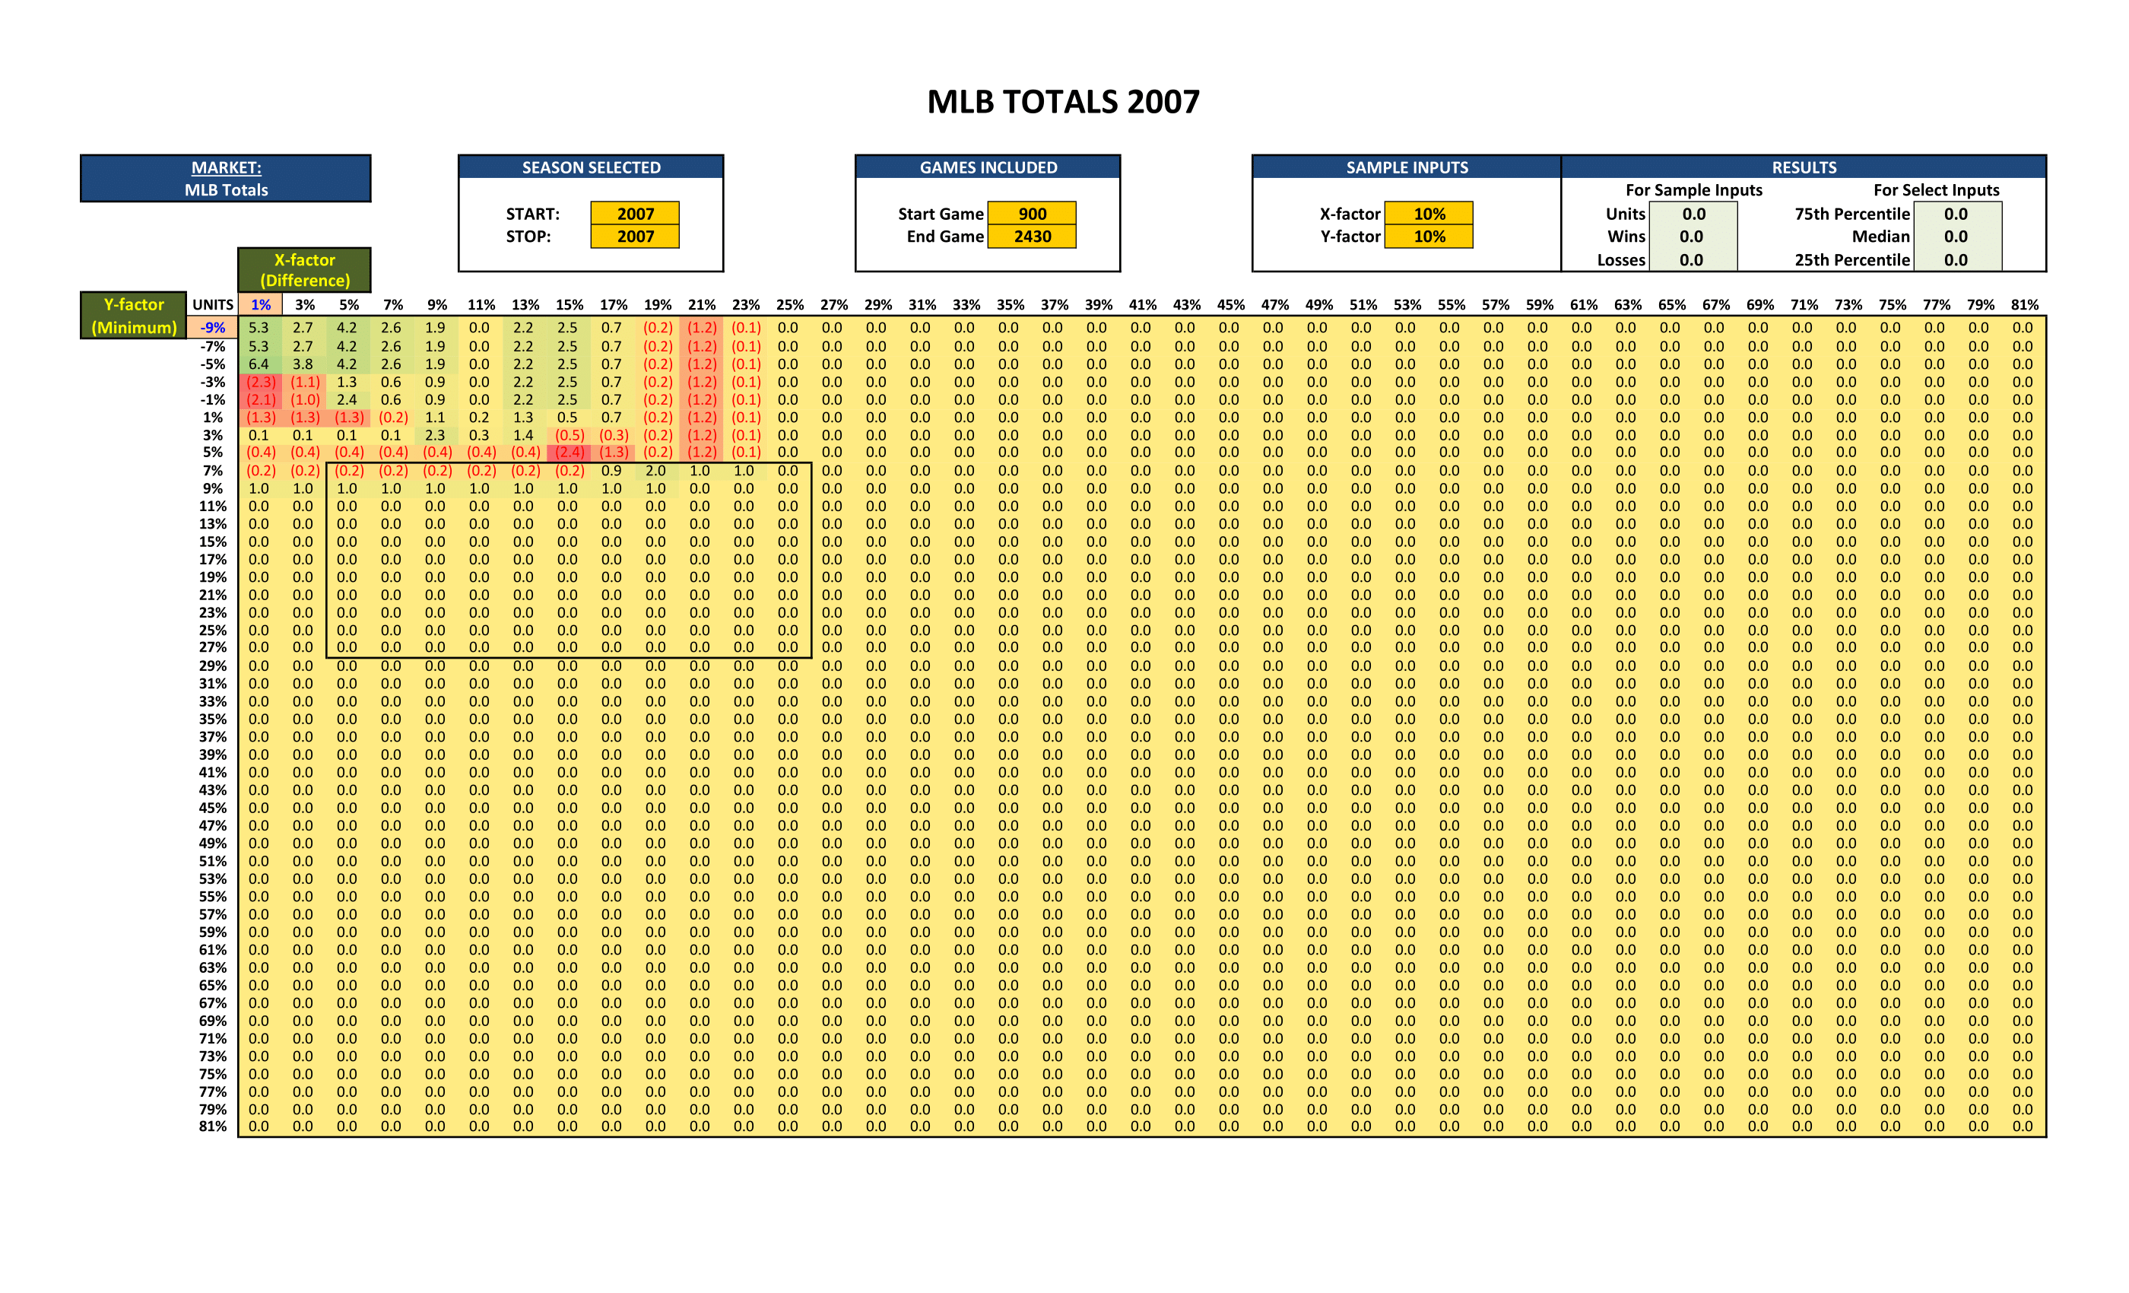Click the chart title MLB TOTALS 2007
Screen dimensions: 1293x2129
[1063, 102]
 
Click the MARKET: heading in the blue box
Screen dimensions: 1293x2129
[226, 167]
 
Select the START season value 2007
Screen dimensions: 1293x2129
[635, 214]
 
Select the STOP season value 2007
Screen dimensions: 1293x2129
[635, 236]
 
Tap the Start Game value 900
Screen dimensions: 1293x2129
[1032, 214]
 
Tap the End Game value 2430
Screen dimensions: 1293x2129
[1032, 236]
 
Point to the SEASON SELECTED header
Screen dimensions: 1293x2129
[591, 167]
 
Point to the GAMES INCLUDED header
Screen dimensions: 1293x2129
[988, 167]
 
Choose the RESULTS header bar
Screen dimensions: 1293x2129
[1804, 167]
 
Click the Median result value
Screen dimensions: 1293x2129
[1956, 236]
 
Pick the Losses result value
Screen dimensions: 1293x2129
[1691, 259]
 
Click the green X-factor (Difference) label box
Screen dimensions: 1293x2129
[304, 270]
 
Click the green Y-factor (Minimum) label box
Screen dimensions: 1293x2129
[134, 316]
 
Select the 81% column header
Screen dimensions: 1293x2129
[2023, 304]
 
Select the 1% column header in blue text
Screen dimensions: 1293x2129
[260, 304]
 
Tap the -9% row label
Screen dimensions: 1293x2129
[213, 328]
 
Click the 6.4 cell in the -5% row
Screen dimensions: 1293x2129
[259, 364]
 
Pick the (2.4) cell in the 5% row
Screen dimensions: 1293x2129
[569, 452]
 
